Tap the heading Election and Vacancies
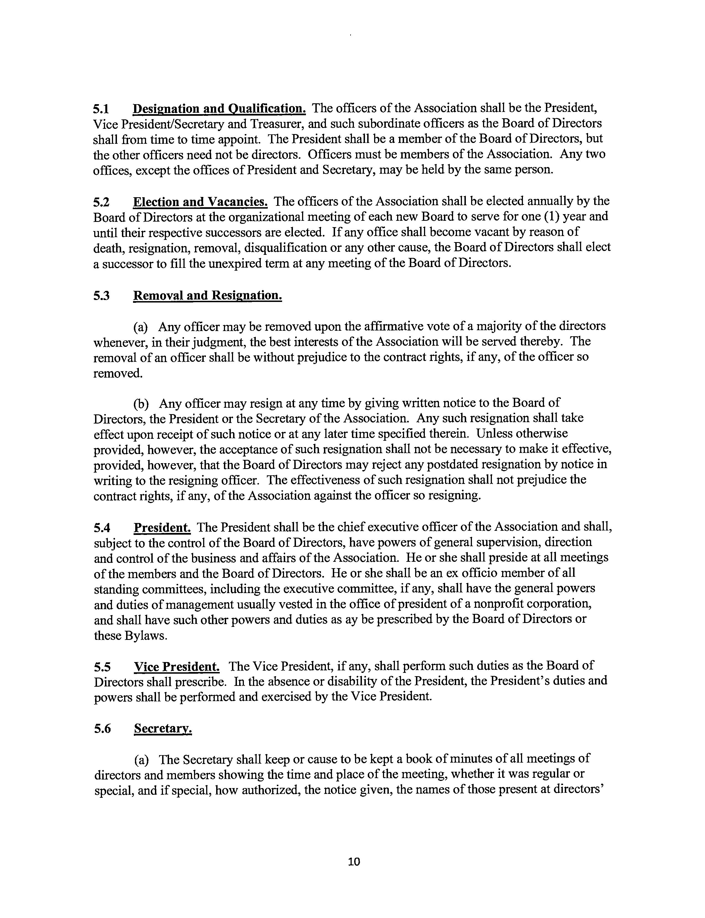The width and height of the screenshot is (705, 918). tap(200, 202)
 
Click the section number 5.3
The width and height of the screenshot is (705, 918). tap(101, 296)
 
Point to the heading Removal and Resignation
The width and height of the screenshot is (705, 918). tap(207, 296)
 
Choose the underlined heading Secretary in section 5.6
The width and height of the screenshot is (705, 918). tap(163, 729)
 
